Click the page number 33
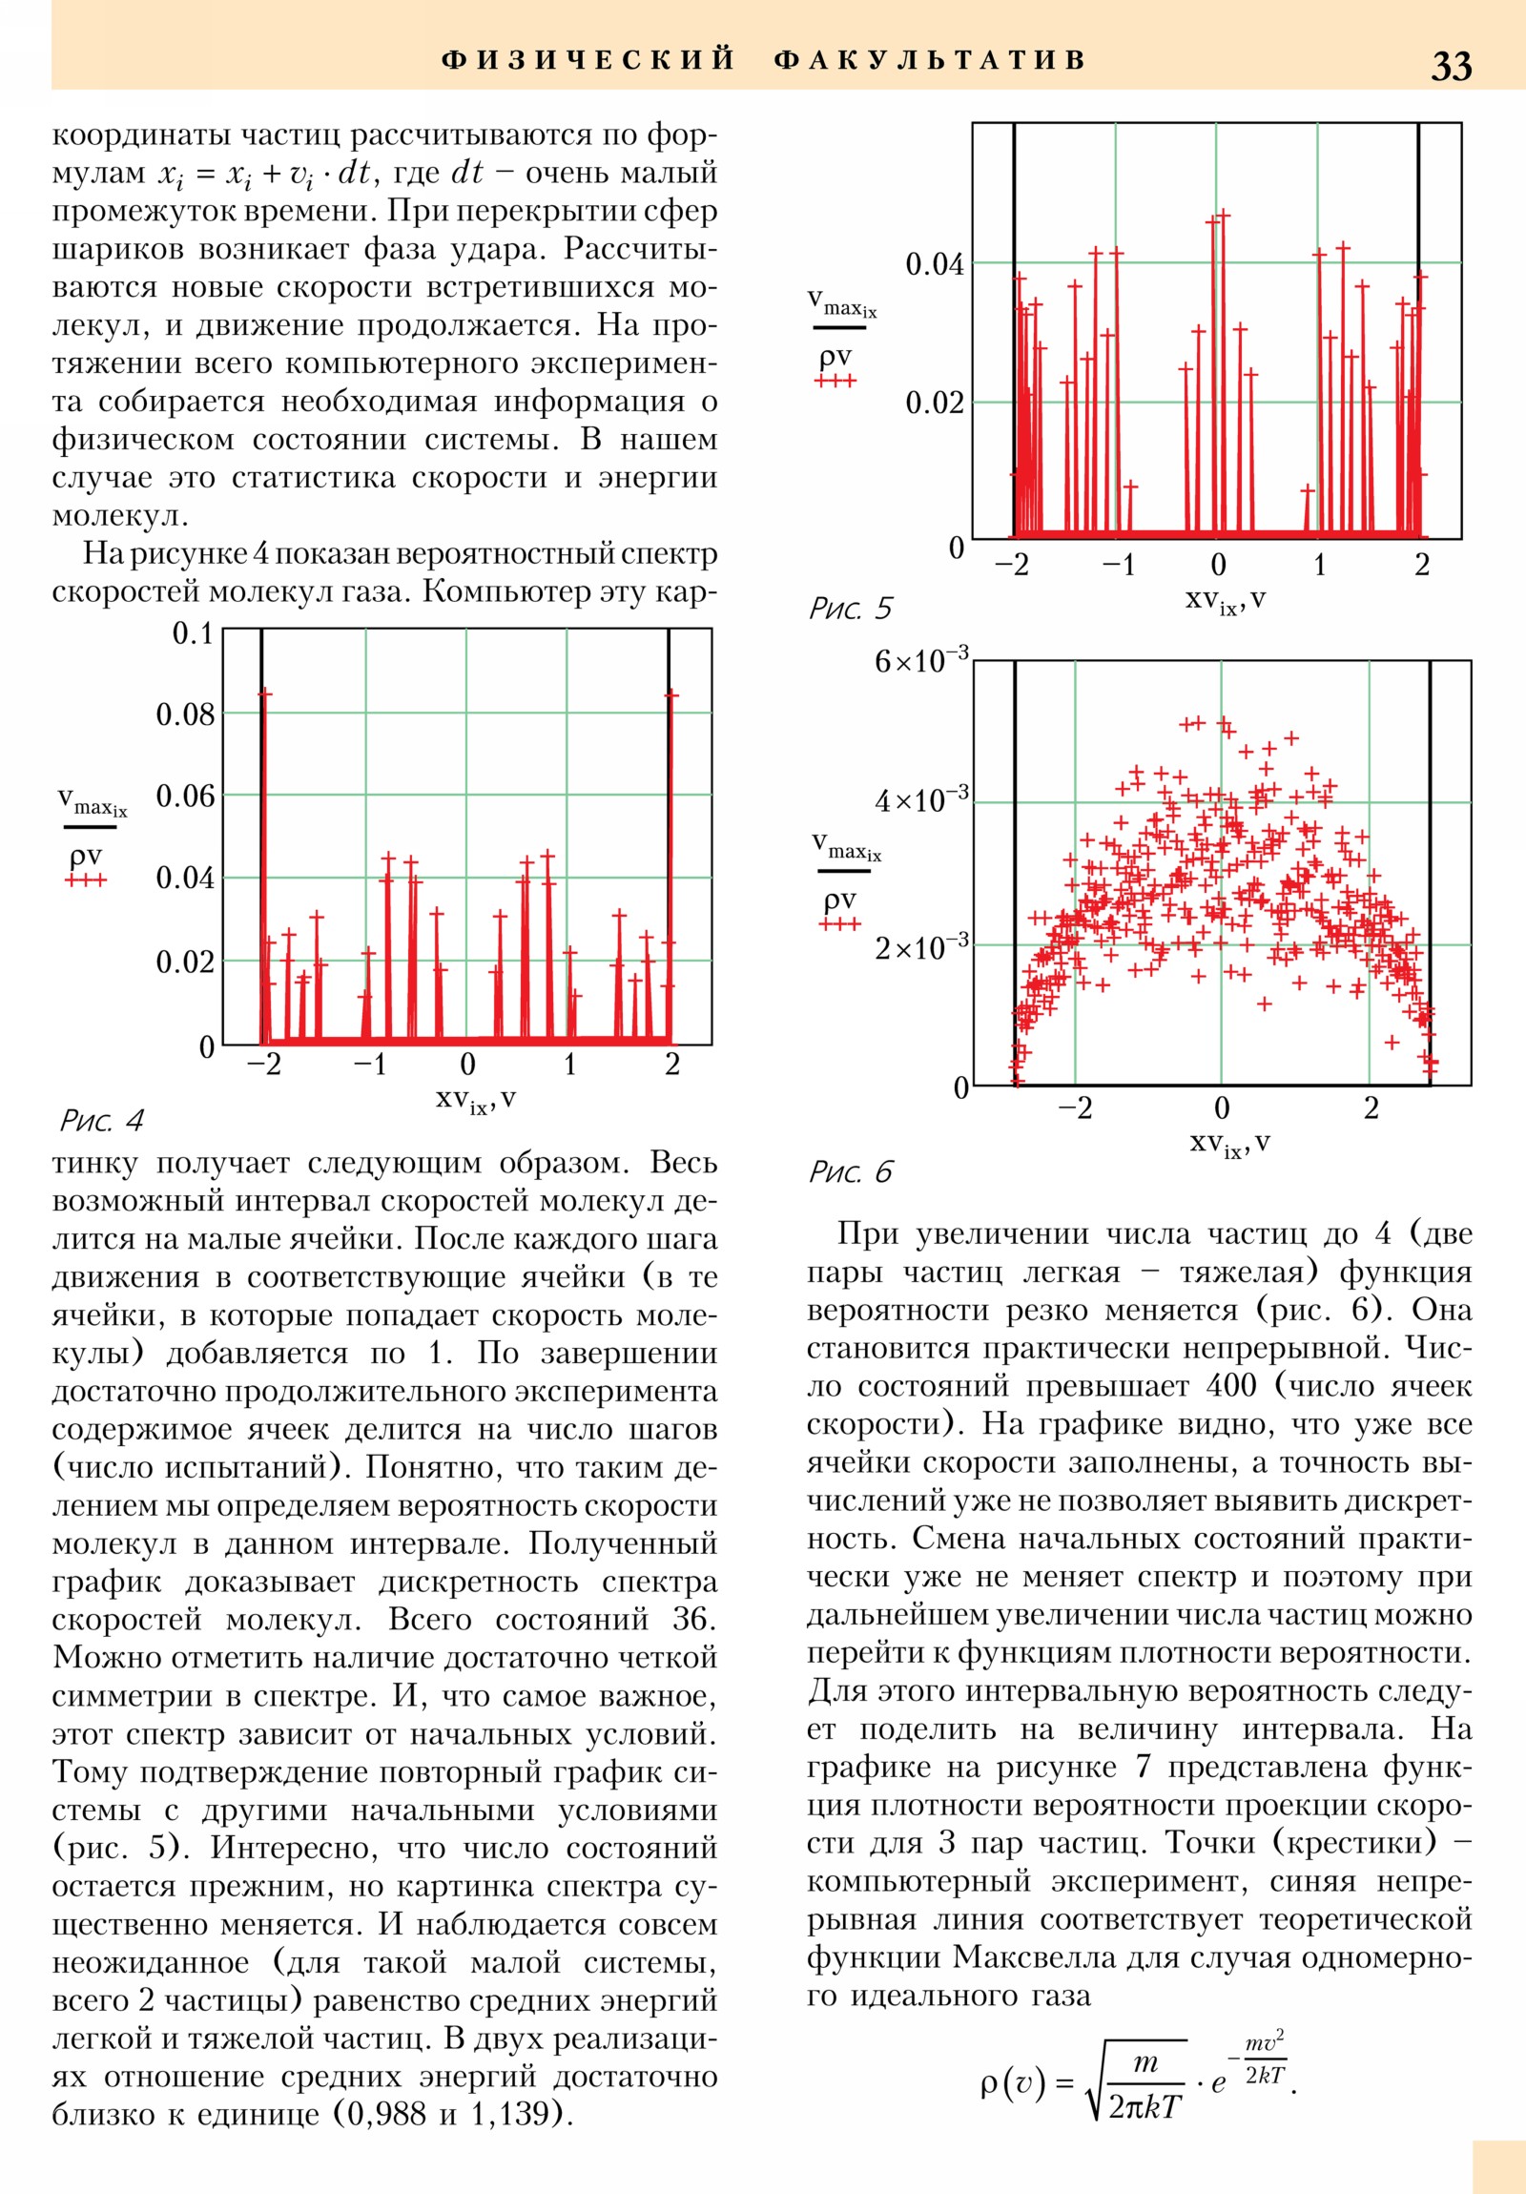click(1451, 66)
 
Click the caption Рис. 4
click(101, 1120)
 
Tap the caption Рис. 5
click(850, 608)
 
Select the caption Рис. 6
click(850, 1171)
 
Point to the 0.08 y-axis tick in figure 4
click(185, 714)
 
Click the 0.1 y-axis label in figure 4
click(192, 633)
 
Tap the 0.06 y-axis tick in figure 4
click(185, 796)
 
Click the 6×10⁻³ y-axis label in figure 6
click(921, 659)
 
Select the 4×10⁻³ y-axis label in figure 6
click(921, 798)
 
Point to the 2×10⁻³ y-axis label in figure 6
click(921, 946)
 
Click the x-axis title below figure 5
click(1225, 600)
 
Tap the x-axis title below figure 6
click(1228, 1144)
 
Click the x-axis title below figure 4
click(476, 1100)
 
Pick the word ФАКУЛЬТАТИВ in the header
click(930, 60)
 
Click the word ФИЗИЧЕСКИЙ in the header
click(588, 60)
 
